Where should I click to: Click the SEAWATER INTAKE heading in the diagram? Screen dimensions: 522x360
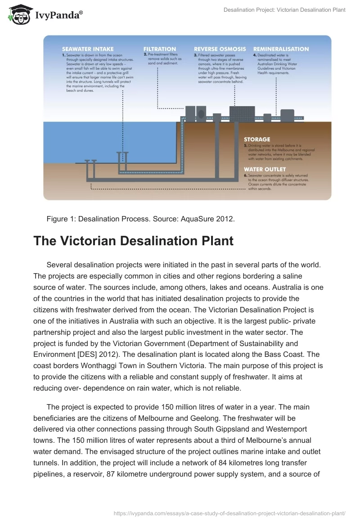tap(88, 49)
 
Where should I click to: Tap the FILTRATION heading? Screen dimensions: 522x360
tap(160, 49)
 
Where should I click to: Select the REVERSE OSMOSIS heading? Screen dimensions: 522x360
tap(220, 49)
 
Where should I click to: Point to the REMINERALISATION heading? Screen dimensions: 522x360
tap(281, 49)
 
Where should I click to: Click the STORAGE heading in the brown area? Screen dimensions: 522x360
tap(257, 139)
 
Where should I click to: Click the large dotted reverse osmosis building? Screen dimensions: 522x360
tap(242, 113)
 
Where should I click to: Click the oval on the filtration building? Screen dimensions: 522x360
tap(201, 113)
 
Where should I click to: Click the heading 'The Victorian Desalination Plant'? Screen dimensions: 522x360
tap(133, 241)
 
